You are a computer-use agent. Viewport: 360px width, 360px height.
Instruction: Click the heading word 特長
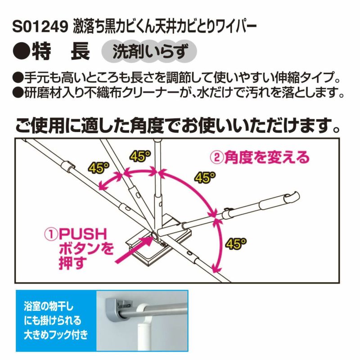click(61, 52)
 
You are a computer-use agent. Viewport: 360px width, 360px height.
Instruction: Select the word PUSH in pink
click(83, 234)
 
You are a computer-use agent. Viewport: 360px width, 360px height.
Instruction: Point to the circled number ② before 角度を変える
click(217, 157)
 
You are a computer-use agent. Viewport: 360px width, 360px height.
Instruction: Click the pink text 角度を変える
click(267, 157)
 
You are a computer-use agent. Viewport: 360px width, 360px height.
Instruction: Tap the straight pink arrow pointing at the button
click(134, 250)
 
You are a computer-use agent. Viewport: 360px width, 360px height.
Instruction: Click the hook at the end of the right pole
click(292, 198)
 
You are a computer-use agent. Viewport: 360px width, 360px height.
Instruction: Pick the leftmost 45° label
click(99, 168)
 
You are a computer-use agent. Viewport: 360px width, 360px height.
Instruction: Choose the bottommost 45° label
click(236, 243)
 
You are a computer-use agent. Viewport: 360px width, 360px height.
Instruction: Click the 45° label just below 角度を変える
click(205, 178)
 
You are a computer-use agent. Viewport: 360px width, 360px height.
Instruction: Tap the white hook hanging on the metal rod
click(143, 326)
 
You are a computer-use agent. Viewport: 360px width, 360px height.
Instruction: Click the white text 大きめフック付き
click(56, 335)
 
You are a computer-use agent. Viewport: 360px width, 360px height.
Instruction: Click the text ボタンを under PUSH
click(86, 248)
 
